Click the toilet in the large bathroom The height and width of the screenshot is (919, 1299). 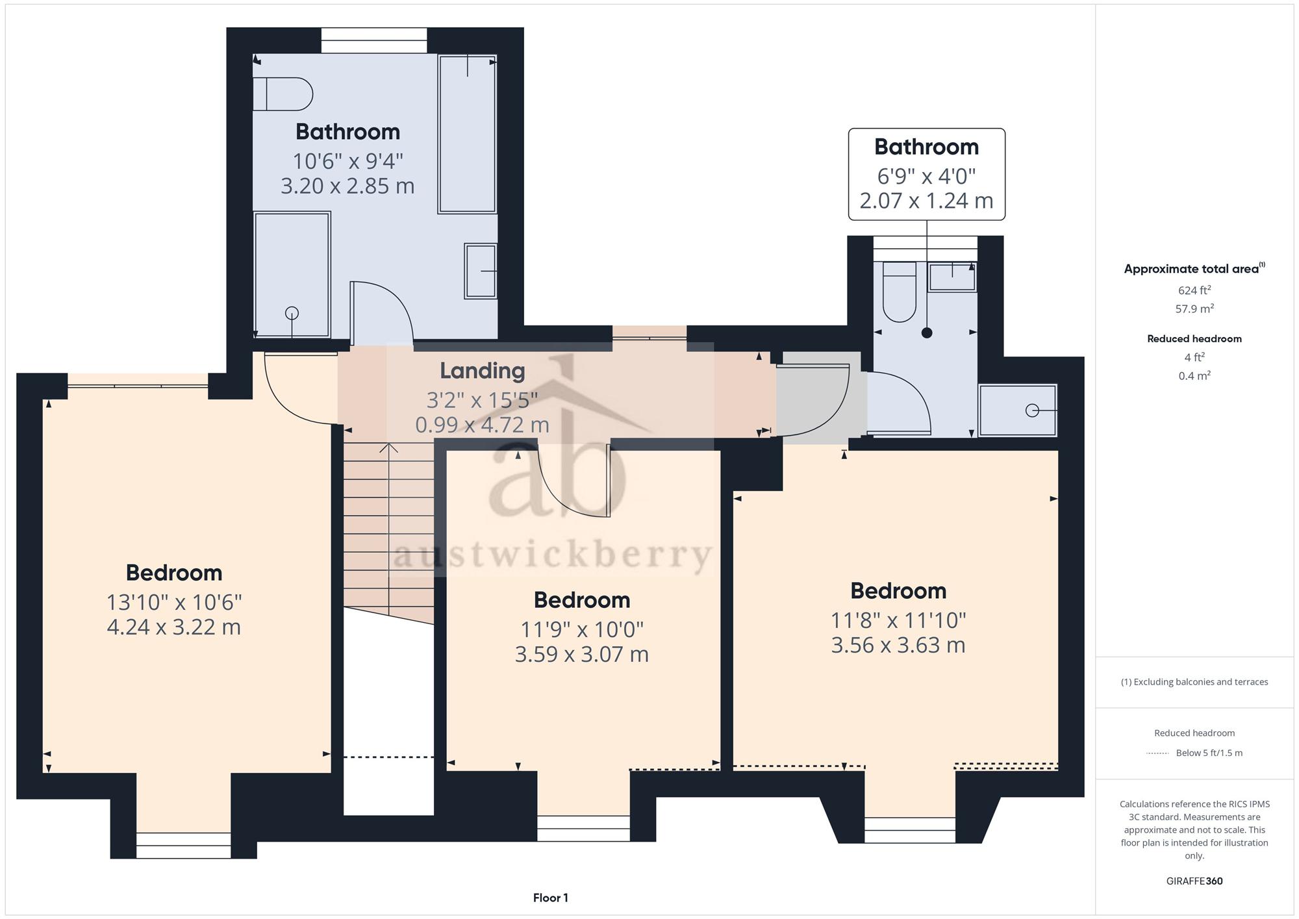(283, 94)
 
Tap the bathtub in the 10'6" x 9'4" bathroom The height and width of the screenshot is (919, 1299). (467, 134)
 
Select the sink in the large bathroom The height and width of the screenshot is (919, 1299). (481, 271)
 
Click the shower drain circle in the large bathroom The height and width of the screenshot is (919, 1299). (292, 313)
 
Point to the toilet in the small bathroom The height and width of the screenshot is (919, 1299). (900, 292)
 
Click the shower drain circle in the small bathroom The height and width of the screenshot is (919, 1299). (1032, 410)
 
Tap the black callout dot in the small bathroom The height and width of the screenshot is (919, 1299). (927, 333)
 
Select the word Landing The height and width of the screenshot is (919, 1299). (483, 371)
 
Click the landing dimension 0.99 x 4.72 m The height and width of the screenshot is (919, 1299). (483, 425)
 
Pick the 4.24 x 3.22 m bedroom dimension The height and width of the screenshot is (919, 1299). (174, 627)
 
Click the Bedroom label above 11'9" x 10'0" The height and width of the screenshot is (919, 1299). (582, 600)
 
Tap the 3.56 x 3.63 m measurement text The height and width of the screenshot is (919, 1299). (898, 646)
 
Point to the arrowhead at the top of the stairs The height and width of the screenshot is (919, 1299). (388, 447)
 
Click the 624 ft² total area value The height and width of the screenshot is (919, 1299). (1194, 290)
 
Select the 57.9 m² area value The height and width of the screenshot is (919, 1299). (1194, 308)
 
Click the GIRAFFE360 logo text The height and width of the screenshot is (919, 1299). (1194, 881)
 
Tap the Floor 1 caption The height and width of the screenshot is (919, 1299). (551, 898)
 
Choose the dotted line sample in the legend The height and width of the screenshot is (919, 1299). (1157, 753)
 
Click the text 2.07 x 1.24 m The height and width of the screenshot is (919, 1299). (927, 201)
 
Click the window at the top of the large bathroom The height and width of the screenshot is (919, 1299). (374, 40)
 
